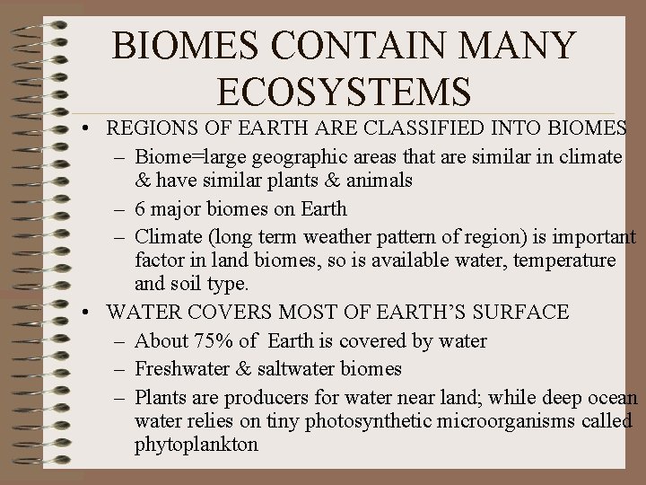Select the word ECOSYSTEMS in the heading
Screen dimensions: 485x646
click(344, 92)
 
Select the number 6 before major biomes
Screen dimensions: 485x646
click(140, 208)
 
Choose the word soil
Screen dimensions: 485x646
click(189, 284)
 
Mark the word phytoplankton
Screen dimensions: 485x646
click(196, 444)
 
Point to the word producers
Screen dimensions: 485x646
click(266, 397)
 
